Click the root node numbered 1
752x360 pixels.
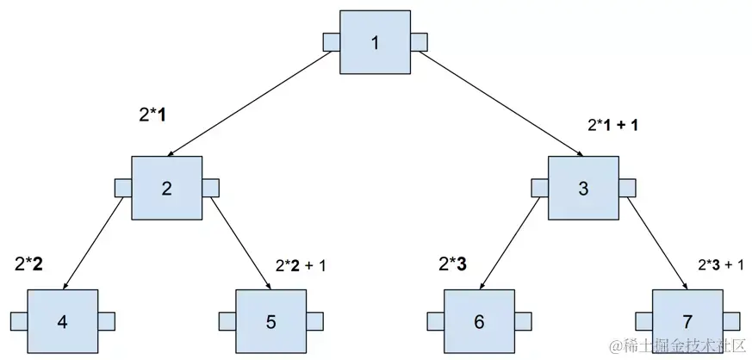point(375,41)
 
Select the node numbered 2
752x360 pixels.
point(166,187)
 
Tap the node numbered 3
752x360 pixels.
point(583,187)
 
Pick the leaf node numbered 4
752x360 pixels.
point(62,321)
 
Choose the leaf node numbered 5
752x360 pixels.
point(270,321)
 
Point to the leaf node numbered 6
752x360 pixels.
point(479,321)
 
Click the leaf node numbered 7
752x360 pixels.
point(687,321)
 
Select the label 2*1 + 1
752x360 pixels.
point(612,126)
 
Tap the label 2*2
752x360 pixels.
point(28,264)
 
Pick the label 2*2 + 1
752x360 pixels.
point(301,265)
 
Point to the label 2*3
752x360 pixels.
point(452,264)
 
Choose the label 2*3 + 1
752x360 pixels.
point(719,265)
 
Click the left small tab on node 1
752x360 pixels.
point(331,41)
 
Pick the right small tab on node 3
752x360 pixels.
point(627,187)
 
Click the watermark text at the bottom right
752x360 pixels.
point(675,346)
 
